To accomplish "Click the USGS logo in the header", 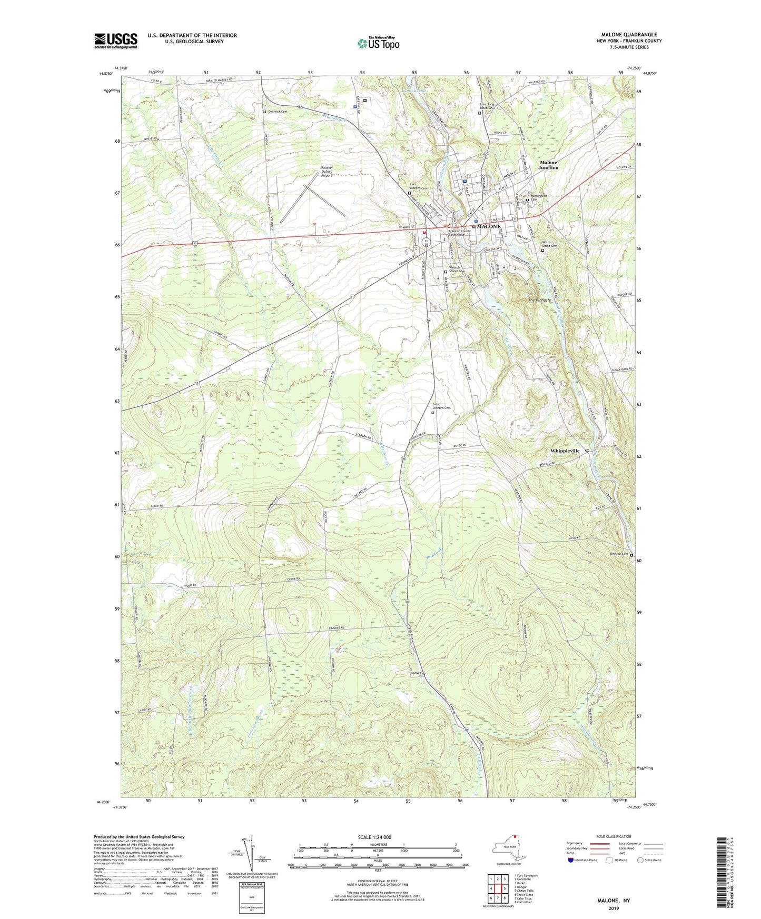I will click(115, 41).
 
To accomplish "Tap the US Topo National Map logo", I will click(378, 43).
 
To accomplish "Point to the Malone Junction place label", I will click(548, 165).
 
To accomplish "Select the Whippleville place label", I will click(565, 451).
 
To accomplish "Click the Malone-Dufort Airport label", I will click(327, 172).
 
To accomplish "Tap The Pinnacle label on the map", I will click(539, 300).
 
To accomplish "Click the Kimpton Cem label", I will click(618, 554).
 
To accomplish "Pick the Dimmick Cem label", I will click(278, 112).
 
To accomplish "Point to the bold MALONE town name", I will click(488, 226).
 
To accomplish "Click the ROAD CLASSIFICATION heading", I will click(614, 836).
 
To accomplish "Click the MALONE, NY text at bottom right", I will click(614, 901).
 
